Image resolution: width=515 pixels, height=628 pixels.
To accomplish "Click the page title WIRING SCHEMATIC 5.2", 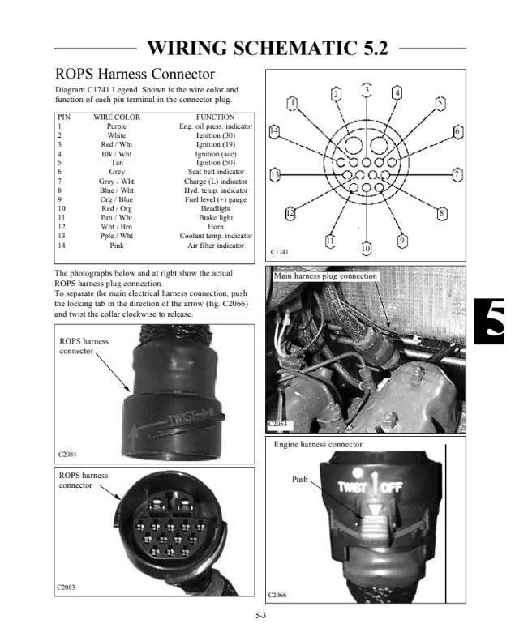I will coord(268,49).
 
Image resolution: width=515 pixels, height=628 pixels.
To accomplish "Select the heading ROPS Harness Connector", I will coord(134,74).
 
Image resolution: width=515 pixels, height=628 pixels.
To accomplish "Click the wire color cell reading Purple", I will coord(117,126).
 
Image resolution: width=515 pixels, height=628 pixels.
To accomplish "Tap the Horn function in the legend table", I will coord(216,227).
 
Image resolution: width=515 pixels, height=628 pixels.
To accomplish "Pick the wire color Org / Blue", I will coord(117,199).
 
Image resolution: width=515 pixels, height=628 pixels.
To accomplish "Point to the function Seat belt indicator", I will coord(216,172).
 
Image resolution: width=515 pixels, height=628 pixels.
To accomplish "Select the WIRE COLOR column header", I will coord(117,117).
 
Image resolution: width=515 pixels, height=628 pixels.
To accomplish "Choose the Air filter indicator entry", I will coord(216,245).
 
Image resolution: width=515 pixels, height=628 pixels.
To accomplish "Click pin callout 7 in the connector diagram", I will coord(457,173).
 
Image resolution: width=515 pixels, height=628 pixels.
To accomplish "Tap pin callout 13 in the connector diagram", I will coord(275,174).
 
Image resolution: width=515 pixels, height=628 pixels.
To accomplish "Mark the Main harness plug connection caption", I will coord(325,276).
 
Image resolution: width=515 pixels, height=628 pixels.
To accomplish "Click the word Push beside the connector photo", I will coord(299,481).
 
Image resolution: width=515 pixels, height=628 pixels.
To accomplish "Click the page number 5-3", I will coord(261,617).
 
